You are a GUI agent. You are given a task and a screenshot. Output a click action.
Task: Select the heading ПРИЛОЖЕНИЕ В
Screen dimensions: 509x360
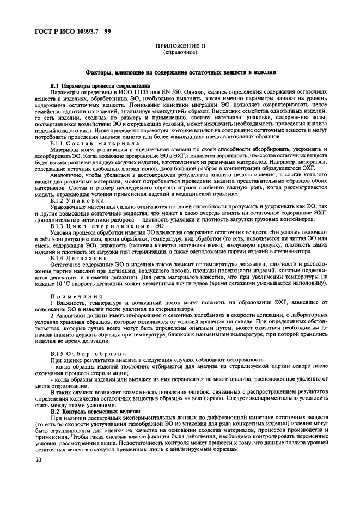coord(180,47)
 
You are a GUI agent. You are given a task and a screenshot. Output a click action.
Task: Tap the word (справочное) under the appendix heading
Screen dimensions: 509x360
coord(180,53)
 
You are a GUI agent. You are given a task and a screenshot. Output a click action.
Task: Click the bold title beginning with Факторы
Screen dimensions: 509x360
coord(180,72)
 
